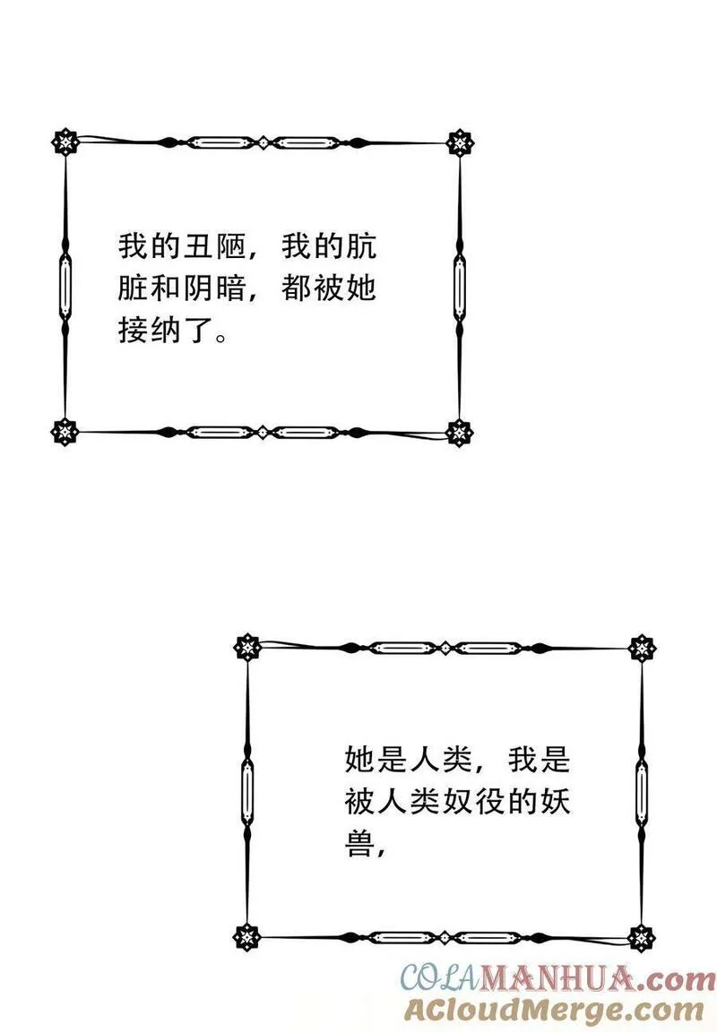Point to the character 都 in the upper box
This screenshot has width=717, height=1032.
point(297,288)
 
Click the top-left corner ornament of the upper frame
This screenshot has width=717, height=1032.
point(65,142)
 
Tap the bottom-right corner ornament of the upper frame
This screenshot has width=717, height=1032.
point(460,433)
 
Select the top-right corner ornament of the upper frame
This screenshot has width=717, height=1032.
point(460,142)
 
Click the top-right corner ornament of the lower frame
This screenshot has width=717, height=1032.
point(642,647)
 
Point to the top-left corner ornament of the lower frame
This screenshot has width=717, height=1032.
point(246,647)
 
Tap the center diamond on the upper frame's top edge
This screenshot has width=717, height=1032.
point(263,142)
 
